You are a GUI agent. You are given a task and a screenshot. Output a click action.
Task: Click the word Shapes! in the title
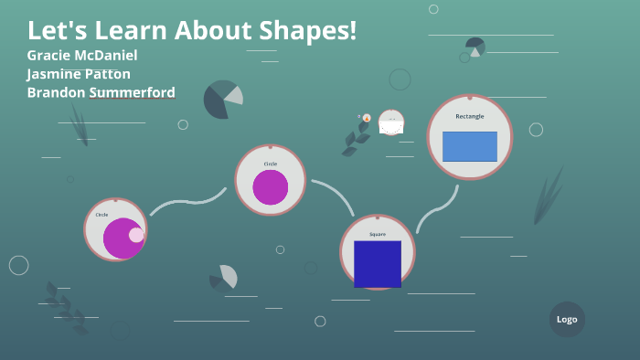point(306,30)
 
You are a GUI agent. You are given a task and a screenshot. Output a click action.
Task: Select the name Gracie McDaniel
point(82,55)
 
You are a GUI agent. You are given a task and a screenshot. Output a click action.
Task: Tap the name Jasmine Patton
point(79,74)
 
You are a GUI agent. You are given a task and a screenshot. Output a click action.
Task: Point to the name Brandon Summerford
point(101,92)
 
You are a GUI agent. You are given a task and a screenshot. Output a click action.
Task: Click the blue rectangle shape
point(470,146)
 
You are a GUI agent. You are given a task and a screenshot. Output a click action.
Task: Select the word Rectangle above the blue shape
point(470,116)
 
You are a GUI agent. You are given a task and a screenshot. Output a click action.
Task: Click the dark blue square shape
point(378,264)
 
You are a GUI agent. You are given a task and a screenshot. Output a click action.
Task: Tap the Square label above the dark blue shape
point(378,234)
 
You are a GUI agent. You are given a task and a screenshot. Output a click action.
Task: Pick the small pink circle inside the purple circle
point(136,235)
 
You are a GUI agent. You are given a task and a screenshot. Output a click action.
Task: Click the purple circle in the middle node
point(271,187)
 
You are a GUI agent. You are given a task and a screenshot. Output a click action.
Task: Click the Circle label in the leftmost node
point(101,214)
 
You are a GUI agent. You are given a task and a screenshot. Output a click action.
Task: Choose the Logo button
point(567,319)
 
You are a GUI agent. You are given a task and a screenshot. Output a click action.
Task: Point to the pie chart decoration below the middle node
point(224,277)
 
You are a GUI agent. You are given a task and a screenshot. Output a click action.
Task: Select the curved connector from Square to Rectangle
point(436,209)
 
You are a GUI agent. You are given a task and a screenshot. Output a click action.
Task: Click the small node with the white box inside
point(391,123)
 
